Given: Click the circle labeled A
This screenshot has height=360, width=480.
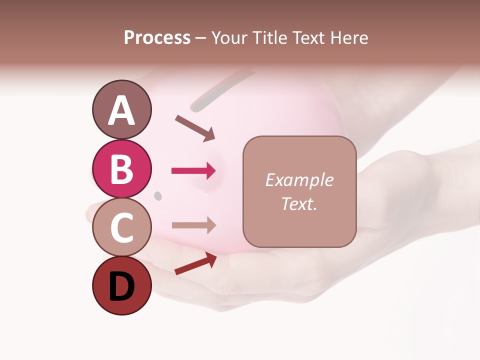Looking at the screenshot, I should coord(122,109).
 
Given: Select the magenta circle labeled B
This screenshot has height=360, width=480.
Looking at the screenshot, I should coord(122,168).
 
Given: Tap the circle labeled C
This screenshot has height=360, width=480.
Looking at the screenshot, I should coord(122,227).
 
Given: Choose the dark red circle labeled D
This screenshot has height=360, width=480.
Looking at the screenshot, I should coord(122,286).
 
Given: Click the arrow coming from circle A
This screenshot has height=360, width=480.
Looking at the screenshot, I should coord(195,128).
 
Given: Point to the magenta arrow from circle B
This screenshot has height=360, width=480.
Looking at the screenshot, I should coord(193,171).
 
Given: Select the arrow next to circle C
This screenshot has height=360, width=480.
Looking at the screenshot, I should coord(193,225).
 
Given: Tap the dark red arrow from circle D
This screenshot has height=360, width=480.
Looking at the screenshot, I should coord(195,263).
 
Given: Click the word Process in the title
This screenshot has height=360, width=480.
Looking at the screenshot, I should coord(157,37).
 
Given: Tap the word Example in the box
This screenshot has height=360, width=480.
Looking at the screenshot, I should coord(299,180).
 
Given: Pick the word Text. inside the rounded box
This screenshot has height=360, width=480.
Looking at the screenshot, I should coord(299,203).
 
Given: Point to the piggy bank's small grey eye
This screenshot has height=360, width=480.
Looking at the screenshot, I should coord(158,195).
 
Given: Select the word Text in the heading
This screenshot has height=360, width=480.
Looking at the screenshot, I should coord(307,37).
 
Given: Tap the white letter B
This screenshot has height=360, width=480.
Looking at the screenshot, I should coord(122,169).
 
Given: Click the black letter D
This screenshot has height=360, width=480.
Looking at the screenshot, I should coord(122,286).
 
